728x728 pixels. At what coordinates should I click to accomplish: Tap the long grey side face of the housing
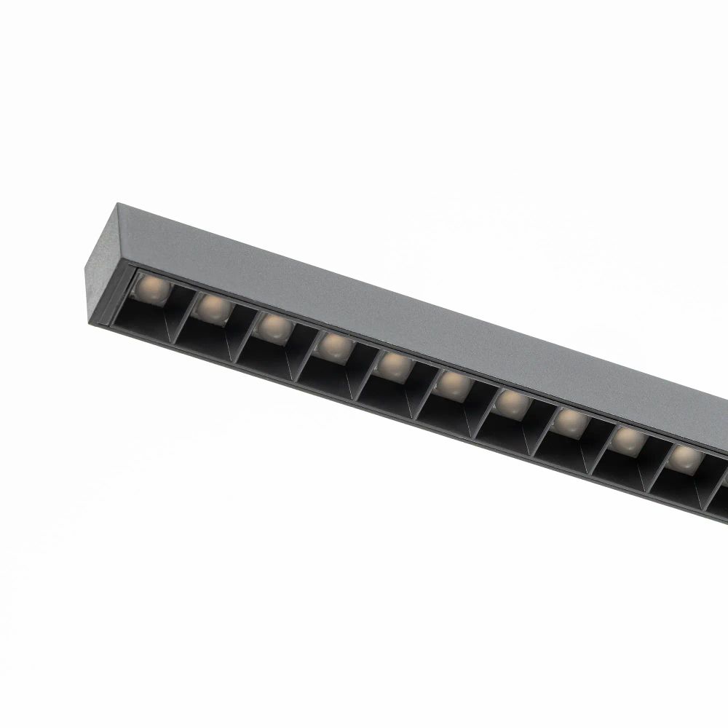[x=437, y=320]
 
